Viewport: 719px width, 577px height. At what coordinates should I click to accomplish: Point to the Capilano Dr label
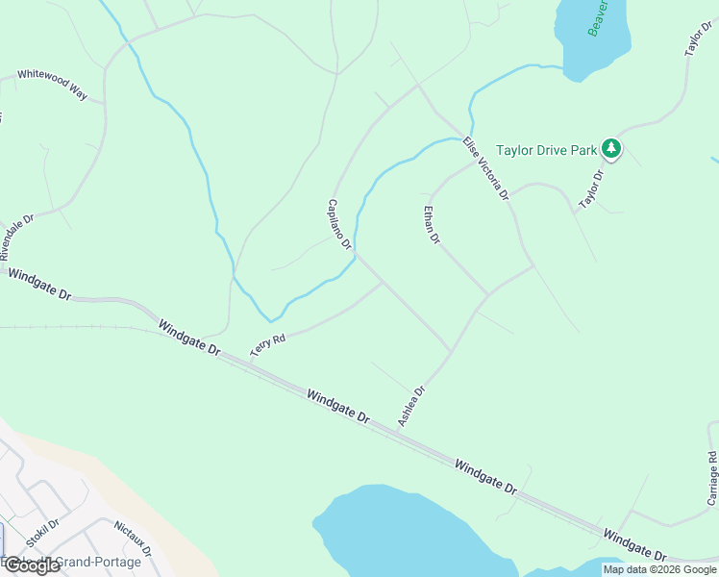point(339,224)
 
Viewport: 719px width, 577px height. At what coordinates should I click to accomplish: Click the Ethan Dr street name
point(432,224)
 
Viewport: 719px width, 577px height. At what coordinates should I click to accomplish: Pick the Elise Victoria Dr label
point(484,169)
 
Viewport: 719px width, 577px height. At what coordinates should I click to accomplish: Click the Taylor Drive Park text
point(546,150)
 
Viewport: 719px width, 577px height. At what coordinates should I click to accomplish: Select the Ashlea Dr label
point(411,406)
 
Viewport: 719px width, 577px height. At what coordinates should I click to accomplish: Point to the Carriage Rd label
point(712,478)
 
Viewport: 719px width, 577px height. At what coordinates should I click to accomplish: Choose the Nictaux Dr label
point(133,539)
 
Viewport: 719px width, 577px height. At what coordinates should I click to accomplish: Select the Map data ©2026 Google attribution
point(659,569)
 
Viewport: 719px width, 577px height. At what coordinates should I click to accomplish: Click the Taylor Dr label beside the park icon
point(590,189)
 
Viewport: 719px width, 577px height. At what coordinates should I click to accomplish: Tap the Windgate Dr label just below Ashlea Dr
point(337,407)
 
